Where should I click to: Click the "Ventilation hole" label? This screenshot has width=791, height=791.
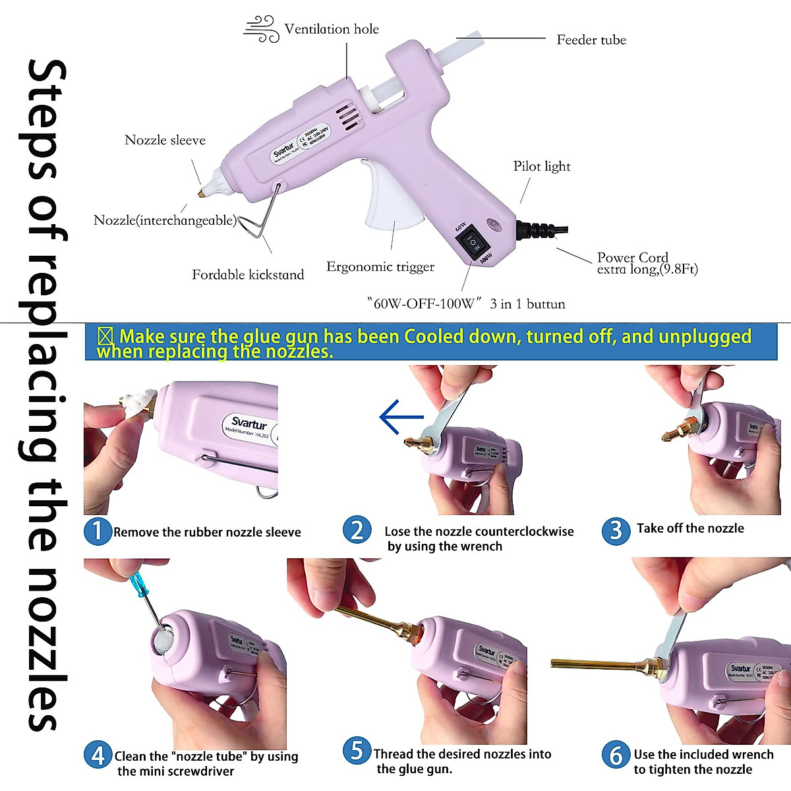pyautogui.click(x=332, y=29)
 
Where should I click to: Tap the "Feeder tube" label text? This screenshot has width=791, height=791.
pyautogui.click(x=591, y=40)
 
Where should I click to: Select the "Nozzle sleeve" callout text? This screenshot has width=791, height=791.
pyautogui.click(x=165, y=140)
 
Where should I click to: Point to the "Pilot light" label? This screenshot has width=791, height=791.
pyautogui.click(x=542, y=167)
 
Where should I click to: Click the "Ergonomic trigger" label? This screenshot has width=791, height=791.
pyautogui.click(x=380, y=267)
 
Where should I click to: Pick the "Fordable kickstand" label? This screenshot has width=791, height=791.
pyautogui.click(x=248, y=275)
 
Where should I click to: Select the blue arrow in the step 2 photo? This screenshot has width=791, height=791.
pyautogui.click(x=401, y=417)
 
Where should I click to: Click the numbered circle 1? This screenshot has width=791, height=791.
pyautogui.click(x=98, y=531)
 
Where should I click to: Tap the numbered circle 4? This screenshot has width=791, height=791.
pyautogui.click(x=98, y=755)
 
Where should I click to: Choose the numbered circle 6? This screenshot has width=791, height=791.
pyautogui.click(x=616, y=755)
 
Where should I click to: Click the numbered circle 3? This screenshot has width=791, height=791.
pyautogui.click(x=616, y=530)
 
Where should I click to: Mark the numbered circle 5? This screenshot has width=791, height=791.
pyautogui.click(x=357, y=751)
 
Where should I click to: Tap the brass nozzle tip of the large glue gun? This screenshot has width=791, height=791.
pyautogui.click(x=198, y=192)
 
